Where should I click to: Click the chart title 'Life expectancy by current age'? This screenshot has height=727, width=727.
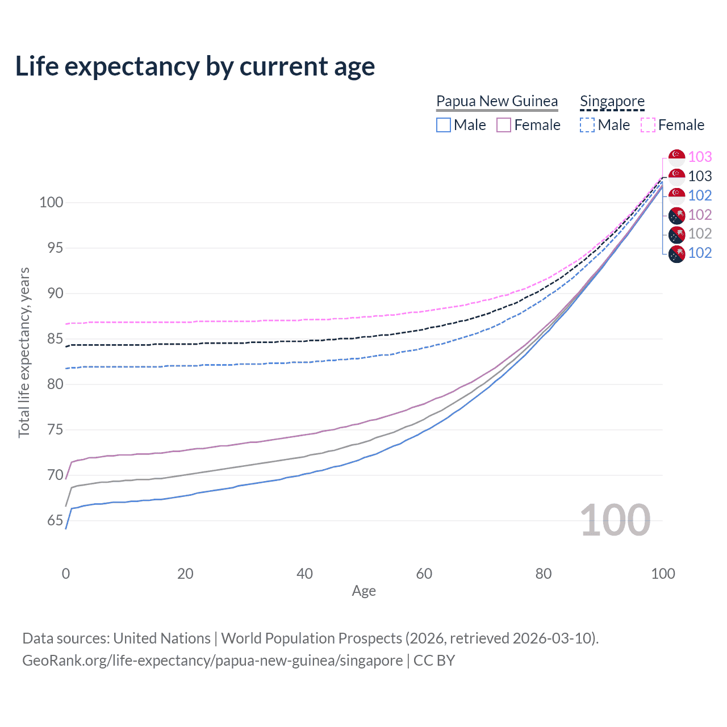(x=195, y=66)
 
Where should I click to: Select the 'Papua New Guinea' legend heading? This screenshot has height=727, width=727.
(x=497, y=101)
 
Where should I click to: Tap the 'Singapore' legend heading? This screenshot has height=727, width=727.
(x=612, y=101)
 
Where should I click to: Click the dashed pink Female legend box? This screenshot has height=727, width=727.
(x=648, y=125)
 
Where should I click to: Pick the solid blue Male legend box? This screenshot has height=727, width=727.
(x=444, y=125)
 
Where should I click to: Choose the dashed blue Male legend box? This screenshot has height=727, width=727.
(x=587, y=125)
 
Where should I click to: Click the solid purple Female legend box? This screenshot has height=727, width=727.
(x=504, y=125)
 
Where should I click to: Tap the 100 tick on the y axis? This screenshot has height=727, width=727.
(x=51, y=203)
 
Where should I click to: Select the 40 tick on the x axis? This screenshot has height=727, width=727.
(x=305, y=574)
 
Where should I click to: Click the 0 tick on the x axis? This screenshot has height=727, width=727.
(x=66, y=574)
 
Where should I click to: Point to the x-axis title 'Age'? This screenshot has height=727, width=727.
(x=364, y=591)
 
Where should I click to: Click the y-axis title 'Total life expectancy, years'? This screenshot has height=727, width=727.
(x=24, y=352)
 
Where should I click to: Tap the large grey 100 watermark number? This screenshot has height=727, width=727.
(x=615, y=520)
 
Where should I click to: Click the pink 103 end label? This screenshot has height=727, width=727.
(x=700, y=157)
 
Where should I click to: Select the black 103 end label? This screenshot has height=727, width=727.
(x=700, y=176)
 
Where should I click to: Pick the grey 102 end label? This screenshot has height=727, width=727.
(x=700, y=233)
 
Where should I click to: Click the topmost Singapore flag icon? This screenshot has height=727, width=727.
(x=676, y=157)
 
